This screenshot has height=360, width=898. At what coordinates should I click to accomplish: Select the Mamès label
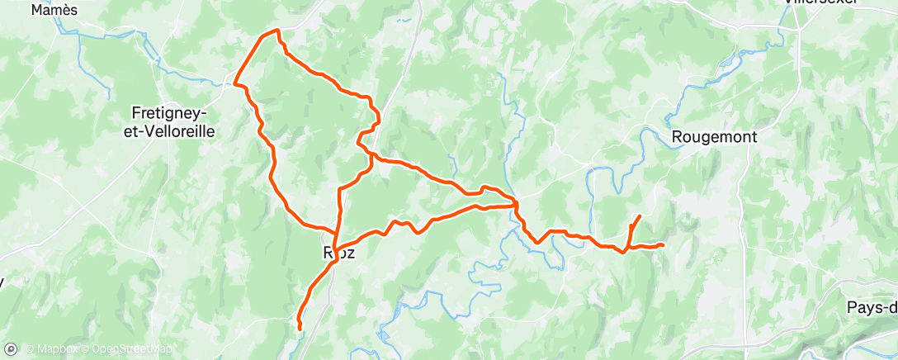click(x=54, y=10)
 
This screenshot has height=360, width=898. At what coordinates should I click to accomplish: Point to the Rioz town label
click(x=338, y=253)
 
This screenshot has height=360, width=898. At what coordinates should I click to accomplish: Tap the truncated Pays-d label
click(x=872, y=307)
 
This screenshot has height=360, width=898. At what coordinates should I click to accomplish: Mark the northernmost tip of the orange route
click(x=276, y=31)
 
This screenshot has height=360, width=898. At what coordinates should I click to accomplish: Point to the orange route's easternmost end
click(x=663, y=244)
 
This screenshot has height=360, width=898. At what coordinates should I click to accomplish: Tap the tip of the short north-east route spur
click(x=640, y=216)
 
